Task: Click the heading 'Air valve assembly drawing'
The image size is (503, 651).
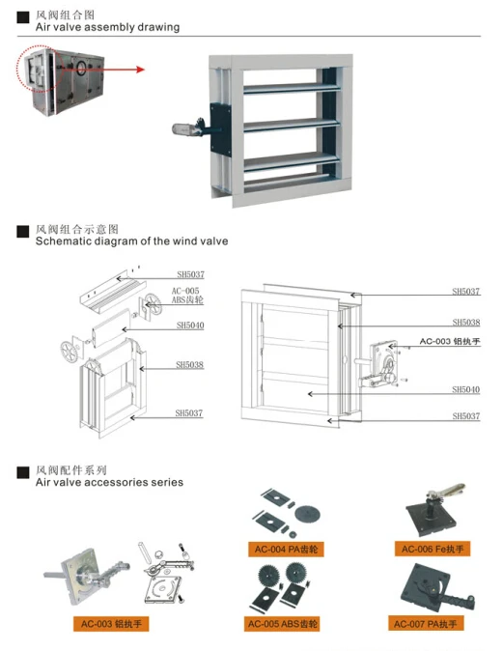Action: coord(107,27)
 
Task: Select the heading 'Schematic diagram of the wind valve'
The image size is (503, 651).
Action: coord(131,241)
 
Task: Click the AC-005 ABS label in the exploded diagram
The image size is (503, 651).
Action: coord(186,295)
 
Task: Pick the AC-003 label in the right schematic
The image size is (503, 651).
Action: coord(449,342)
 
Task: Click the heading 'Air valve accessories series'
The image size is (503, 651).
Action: coord(109,482)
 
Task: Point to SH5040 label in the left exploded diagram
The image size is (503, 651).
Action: coord(189,326)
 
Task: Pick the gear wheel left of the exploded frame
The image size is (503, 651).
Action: coord(69,348)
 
